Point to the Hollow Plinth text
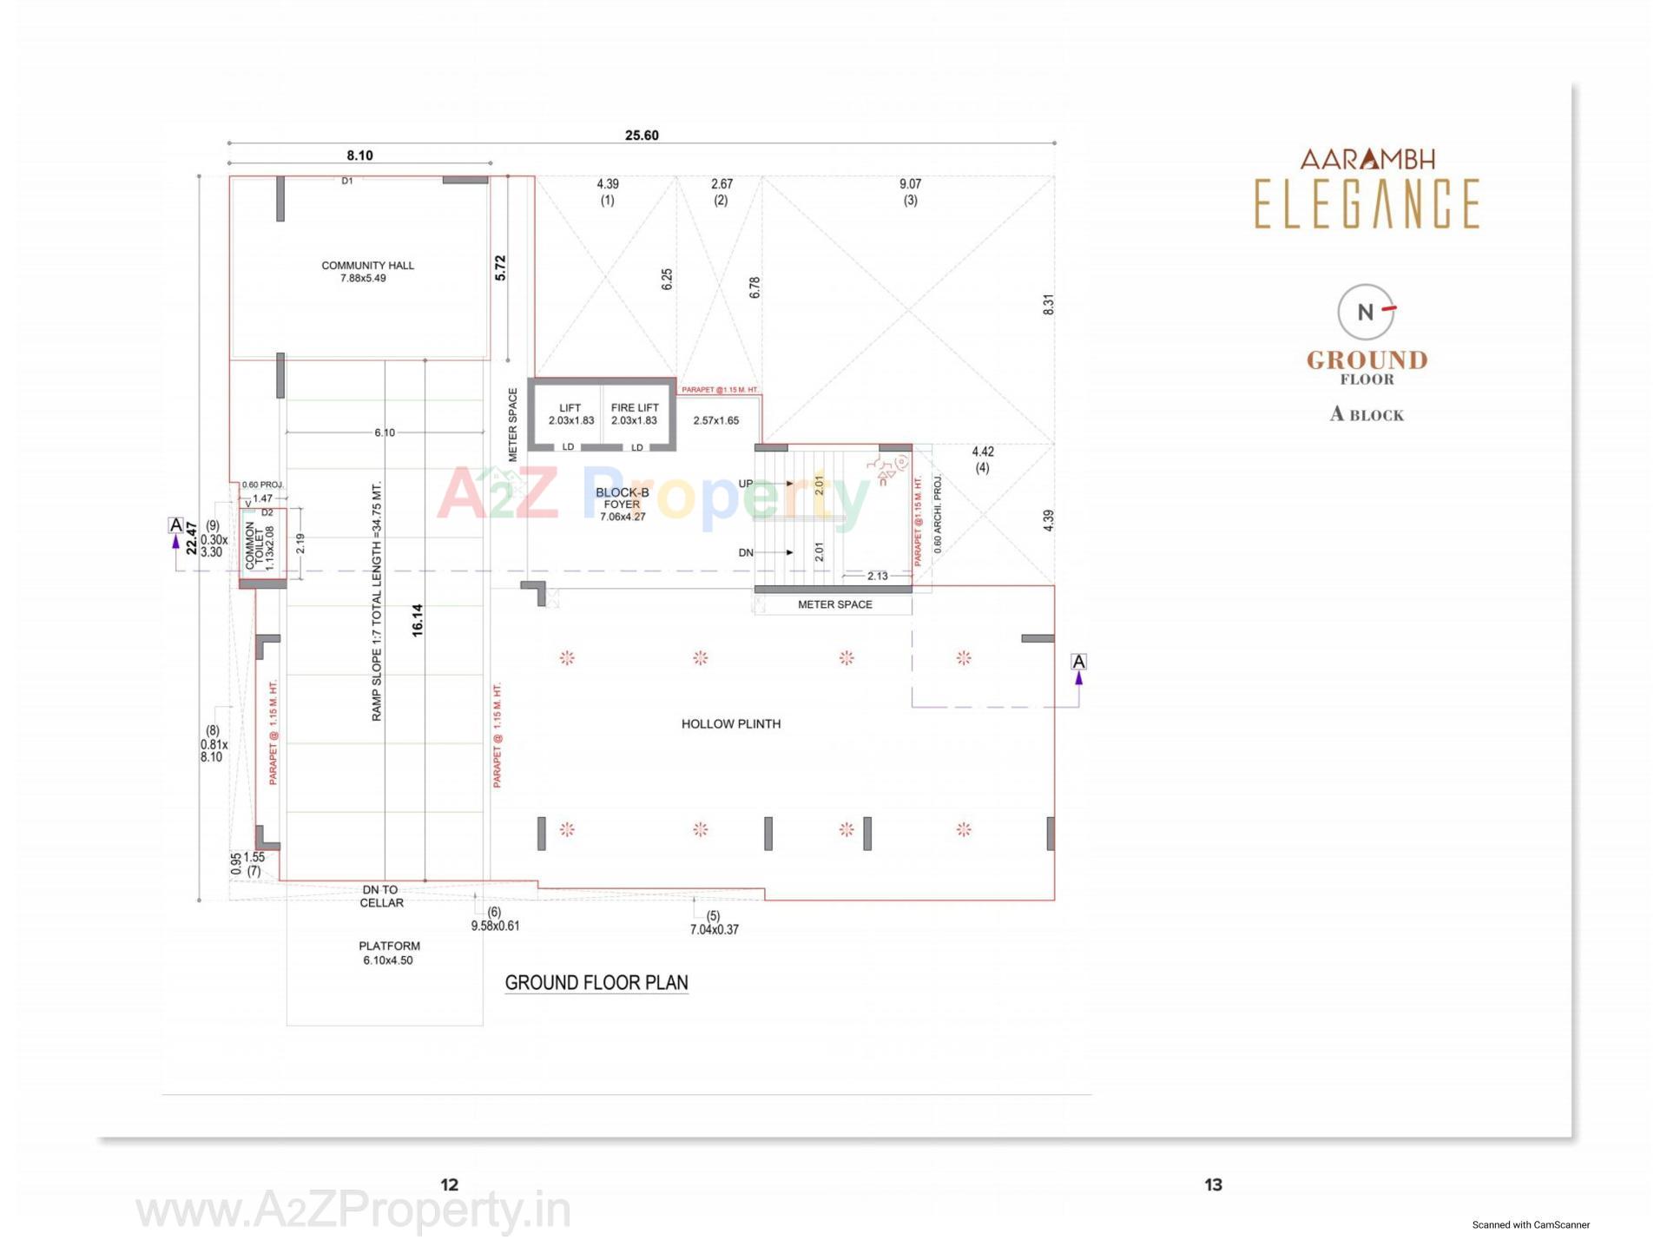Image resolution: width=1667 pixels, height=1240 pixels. (x=730, y=724)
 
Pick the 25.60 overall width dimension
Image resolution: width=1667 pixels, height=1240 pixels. (x=642, y=135)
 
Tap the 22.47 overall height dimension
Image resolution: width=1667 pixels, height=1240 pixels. (x=191, y=538)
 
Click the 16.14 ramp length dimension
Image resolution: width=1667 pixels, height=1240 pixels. (x=418, y=621)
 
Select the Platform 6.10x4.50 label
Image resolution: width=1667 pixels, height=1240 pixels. (x=389, y=953)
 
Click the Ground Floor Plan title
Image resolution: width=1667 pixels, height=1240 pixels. (x=596, y=983)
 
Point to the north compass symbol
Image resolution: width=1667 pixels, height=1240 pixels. (x=1366, y=312)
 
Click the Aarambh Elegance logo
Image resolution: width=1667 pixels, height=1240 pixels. (x=1367, y=189)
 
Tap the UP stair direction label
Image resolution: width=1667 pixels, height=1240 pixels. (x=746, y=484)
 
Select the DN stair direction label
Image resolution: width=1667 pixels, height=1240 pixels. (x=746, y=553)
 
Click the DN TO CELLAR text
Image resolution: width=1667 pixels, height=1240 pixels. (x=381, y=896)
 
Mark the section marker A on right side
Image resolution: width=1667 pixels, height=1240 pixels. (x=1078, y=663)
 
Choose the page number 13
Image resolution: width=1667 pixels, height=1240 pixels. (x=1213, y=1185)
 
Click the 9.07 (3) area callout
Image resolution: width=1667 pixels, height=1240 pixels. (x=910, y=192)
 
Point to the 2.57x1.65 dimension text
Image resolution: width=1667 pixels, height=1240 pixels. (x=715, y=421)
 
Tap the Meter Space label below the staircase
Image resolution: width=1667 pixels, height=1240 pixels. (x=834, y=605)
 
